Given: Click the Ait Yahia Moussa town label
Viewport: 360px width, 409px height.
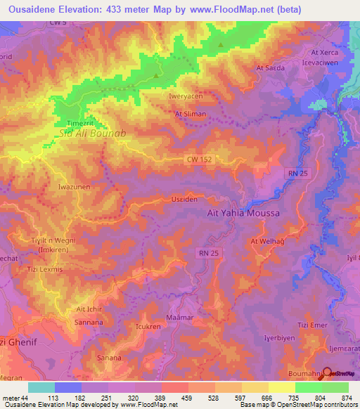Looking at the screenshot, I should (243, 213).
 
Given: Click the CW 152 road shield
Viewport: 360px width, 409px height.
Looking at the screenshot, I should (199, 160).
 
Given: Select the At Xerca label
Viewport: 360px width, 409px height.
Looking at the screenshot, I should (325, 52).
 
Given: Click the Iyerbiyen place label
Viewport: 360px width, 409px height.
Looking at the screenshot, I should (277, 337).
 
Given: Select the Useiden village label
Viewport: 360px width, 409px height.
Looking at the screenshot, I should (184, 200).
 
